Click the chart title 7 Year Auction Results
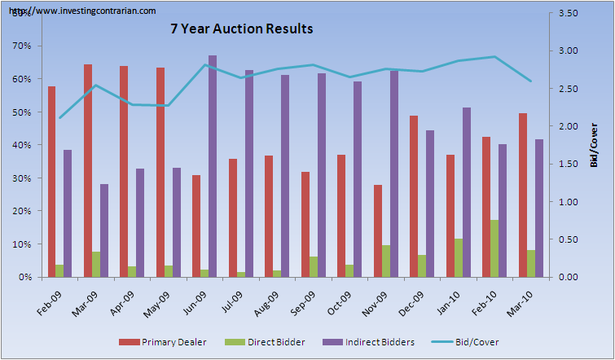(x=241, y=29)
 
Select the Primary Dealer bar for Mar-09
(x=87, y=171)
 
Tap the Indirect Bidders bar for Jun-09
(x=212, y=166)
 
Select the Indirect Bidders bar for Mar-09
(x=103, y=230)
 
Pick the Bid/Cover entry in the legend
(x=475, y=342)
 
